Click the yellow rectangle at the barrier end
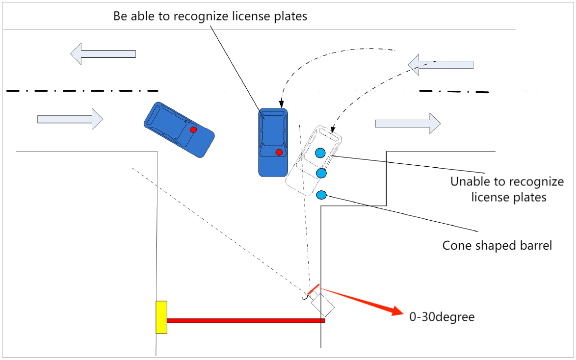click(161, 317)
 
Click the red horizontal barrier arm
click(245, 321)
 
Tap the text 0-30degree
click(442, 317)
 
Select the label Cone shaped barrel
click(497, 245)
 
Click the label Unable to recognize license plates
click(507, 190)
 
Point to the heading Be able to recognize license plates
click(210, 16)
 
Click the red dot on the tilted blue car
click(193, 129)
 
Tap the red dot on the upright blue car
click(279, 152)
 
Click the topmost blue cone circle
click(320, 153)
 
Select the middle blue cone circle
click(322, 173)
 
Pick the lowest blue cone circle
click(321, 195)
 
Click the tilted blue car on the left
click(179, 130)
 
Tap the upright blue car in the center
click(273, 142)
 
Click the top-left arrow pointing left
click(103, 54)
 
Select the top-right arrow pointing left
click(441, 65)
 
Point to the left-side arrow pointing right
click(70, 119)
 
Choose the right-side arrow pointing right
click(408, 123)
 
